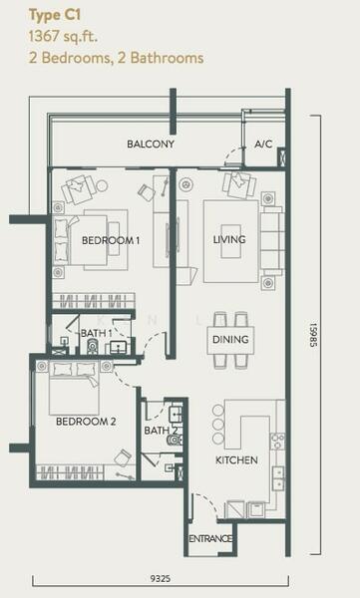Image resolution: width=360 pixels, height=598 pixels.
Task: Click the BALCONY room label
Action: tap(151, 145)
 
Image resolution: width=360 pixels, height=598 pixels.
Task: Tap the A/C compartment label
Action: tap(263, 145)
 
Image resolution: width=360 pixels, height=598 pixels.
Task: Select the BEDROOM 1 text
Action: tap(111, 240)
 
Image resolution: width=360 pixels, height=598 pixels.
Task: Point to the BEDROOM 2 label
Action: tap(86, 422)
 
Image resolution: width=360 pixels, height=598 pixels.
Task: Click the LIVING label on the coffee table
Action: tap(229, 239)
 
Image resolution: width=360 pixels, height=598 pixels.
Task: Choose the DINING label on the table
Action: tap(230, 340)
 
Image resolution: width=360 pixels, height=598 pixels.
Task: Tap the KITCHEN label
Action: tap(236, 459)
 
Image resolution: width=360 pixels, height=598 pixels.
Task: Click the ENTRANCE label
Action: tap(210, 539)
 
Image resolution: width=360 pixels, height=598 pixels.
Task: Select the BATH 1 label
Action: tap(96, 333)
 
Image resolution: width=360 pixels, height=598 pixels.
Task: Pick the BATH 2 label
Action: tap(162, 431)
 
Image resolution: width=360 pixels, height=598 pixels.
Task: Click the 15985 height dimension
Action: tap(313, 335)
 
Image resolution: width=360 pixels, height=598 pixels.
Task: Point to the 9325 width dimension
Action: tap(161, 579)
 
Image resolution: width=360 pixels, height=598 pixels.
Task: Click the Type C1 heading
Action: tap(55, 16)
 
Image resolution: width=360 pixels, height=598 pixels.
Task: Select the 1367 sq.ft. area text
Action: tap(63, 37)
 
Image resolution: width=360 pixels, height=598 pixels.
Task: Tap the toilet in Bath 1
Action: tap(92, 347)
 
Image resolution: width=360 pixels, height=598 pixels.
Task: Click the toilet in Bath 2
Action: tap(176, 441)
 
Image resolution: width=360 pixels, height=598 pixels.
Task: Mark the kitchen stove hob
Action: tap(277, 442)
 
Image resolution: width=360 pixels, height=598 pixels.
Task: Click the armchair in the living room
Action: tap(239, 184)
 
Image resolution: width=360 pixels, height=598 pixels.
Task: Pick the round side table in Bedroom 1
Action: tap(102, 185)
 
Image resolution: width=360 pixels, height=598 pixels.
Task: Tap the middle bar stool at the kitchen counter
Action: tap(218, 425)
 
